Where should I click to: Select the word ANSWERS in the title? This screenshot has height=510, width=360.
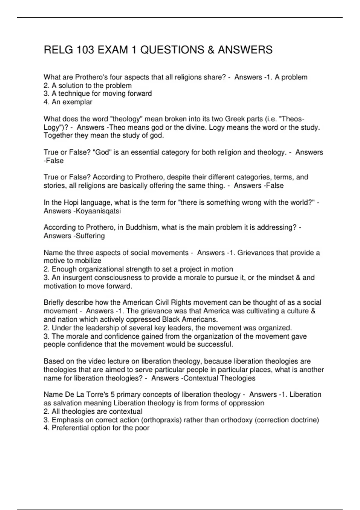pyautogui.click(x=245, y=50)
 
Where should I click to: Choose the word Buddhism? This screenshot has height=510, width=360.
pyautogui.click(x=142, y=228)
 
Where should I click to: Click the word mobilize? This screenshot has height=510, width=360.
pyautogui.click(x=88, y=261)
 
